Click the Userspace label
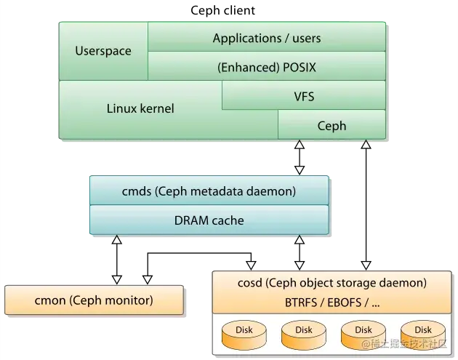[x=103, y=52]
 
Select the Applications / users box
[x=266, y=38]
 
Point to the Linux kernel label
[x=140, y=109]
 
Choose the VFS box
[x=304, y=95]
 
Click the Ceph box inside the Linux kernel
[x=332, y=126]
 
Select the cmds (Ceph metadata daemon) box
[x=209, y=192]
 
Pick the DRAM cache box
[x=209, y=220]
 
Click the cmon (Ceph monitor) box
[x=94, y=300]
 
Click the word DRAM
[x=190, y=220]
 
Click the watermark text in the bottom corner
[x=411, y=351]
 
